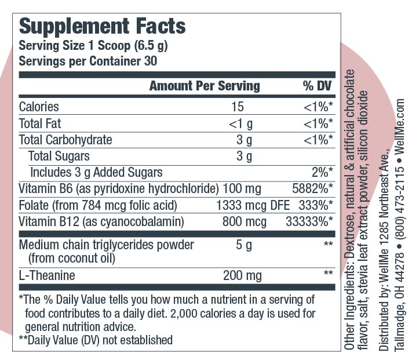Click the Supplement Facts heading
(x=103, y=26)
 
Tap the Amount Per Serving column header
(x=205, y=86)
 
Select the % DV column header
(x=316, y=86)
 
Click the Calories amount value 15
(x=237, y=107)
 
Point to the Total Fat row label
(x=40, y=123)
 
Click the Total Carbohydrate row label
(x=65, y=140)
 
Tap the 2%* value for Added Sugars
(x=322, y=172)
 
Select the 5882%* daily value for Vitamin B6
(x=313, y=188)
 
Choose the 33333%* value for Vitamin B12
(x=310, y=221)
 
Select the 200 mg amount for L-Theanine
(x=242, y=276)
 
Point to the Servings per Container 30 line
(x=89, y=60)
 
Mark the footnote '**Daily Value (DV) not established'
(x=96, y=340)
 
